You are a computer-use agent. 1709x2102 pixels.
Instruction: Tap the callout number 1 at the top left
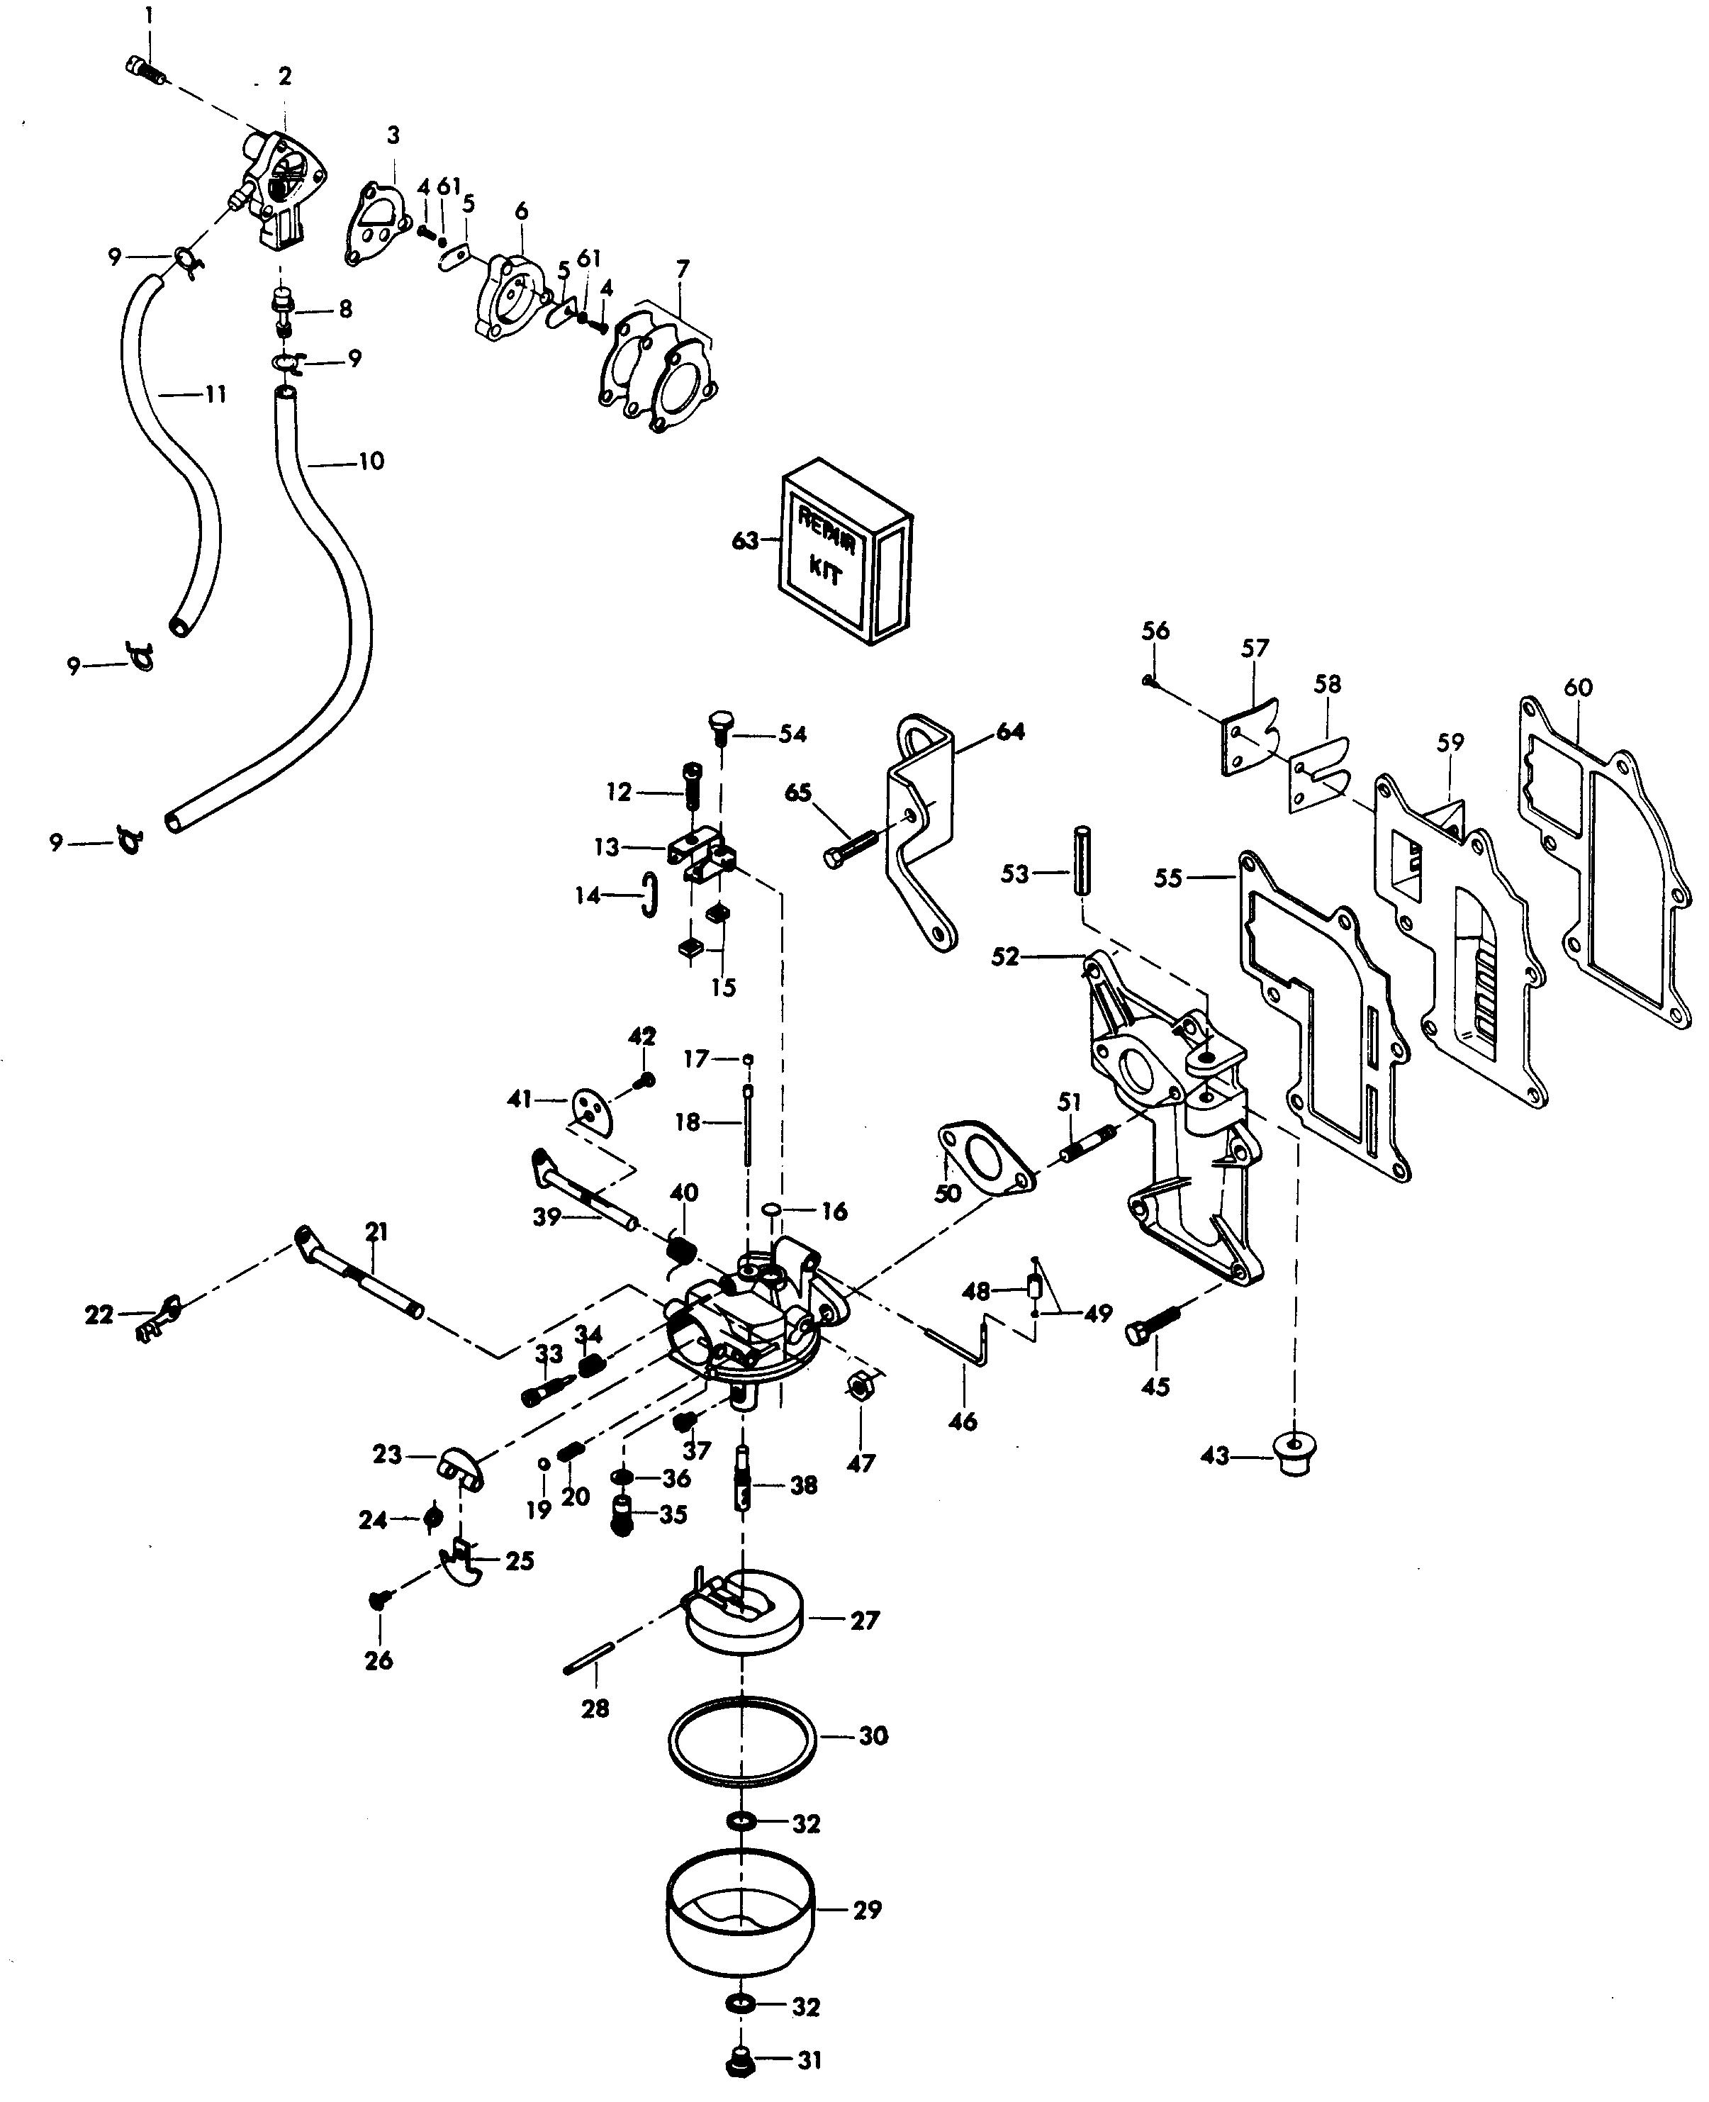[x=149, y=16]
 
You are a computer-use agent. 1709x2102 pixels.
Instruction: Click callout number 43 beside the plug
[x=1216, y=1455]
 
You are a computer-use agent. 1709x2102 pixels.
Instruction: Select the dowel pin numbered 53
[x=1083, y=861]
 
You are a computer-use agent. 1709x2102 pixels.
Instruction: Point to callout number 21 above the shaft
[x=377, y=1231]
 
